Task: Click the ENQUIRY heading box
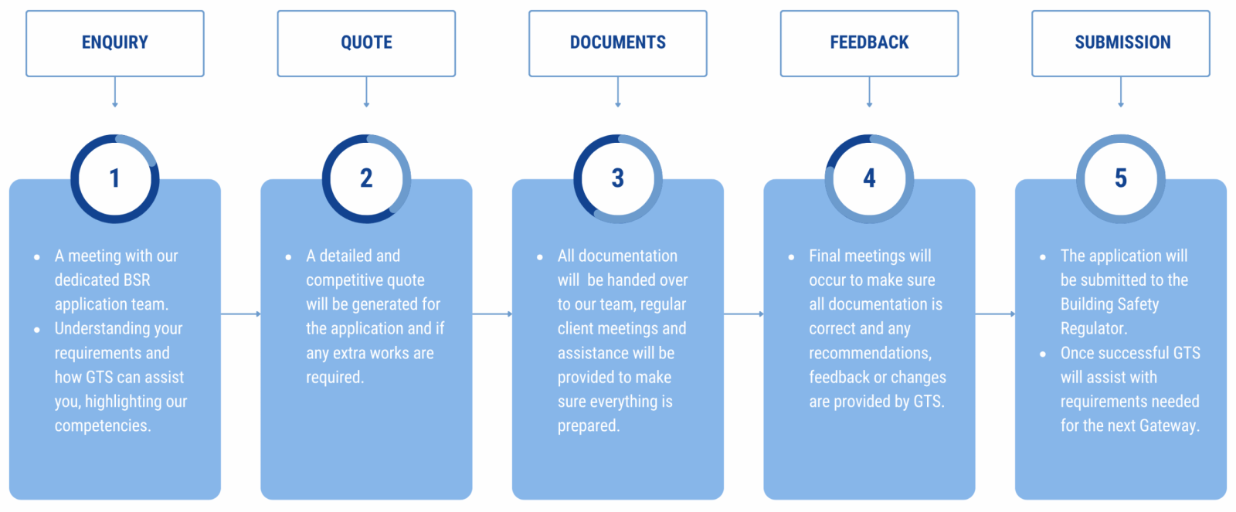point(115,43)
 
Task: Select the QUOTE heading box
point(366,43)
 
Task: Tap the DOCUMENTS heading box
point(618,43)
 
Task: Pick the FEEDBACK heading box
point(869,43)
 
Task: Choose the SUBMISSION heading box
point(1121,43)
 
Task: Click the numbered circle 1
point(115,178)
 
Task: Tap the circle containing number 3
point(618,178)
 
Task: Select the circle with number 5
point(1121,178)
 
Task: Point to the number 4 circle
point(869,178)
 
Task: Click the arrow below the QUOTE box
point(366,93)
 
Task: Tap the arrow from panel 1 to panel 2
point(240,314)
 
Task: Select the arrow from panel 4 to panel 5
point(995,314)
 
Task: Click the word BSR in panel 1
point(137,280)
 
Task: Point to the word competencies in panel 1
point(101,426)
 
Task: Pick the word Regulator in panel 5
point(1092,329)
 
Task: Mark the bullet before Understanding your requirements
point(37,330)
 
